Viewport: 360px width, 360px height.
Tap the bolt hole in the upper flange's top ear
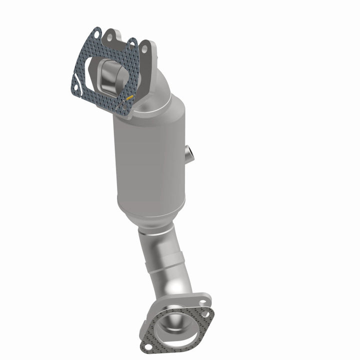tap(110, 36)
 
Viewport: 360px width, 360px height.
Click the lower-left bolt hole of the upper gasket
tap(75, 88)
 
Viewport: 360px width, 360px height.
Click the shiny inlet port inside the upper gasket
tap(111, 75)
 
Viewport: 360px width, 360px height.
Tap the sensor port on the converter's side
tap(189, 152)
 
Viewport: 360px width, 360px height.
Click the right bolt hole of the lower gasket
tap(205, 315)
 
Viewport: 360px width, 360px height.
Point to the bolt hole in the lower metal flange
tap(202, 302)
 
